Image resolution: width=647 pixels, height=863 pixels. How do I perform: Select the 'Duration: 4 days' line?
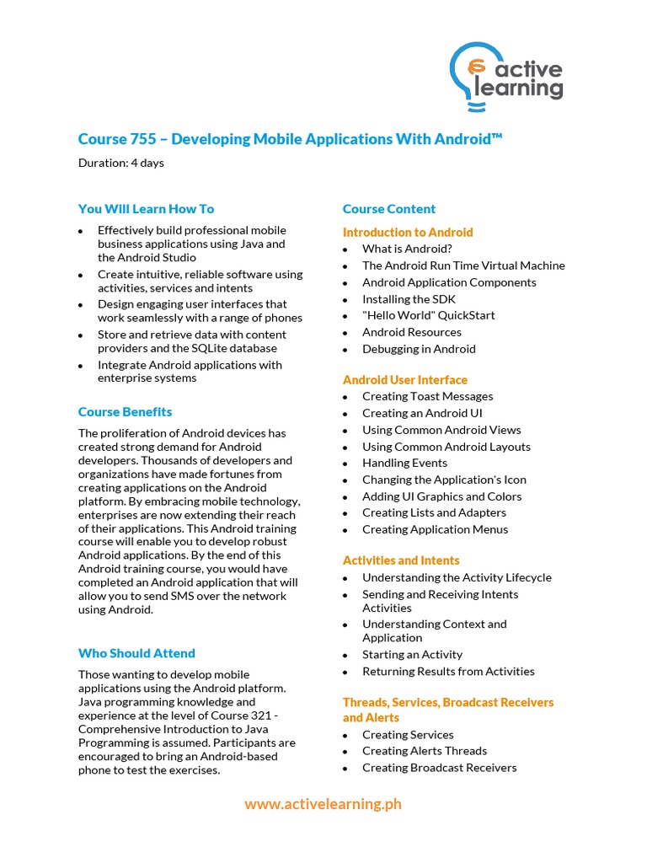click(121, 163)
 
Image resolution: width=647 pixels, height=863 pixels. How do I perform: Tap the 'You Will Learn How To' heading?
click(146, 209)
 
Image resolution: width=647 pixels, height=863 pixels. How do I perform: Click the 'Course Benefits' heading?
click(125, 412)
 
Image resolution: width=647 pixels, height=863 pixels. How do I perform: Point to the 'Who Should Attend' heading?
click(136, 653)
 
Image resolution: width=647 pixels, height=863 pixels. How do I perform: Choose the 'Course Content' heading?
click(389, 209)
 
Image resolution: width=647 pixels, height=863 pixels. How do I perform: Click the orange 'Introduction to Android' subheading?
click(408, 232)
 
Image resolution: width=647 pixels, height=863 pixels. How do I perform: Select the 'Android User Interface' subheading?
click(404, 380)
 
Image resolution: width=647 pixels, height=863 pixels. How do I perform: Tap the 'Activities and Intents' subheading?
click(401, 560)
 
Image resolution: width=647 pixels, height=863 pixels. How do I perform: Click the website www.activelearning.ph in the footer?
click(323, 804)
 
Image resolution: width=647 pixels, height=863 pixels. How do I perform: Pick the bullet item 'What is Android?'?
click(407, 249)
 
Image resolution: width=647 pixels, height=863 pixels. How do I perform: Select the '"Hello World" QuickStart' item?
click(428, 315)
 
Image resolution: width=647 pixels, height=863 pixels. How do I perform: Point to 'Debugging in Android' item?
click(419, 349)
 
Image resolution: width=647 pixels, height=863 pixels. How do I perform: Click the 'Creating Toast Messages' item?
click(427, 396)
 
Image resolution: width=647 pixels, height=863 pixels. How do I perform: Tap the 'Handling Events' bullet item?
click(404, 463)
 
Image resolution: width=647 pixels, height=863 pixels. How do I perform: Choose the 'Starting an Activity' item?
click(412, 654)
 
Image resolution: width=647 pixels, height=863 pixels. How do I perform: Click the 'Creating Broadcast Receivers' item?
click(439, 768)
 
